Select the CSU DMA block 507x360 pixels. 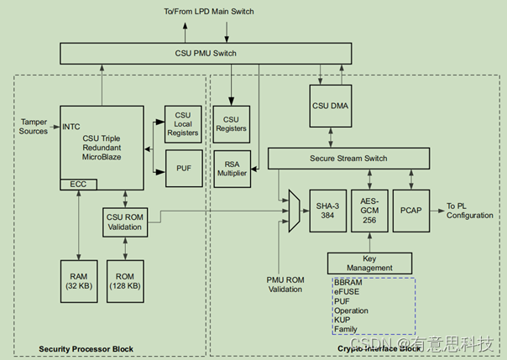(x=332, y=107)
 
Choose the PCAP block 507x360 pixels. (x=410, y=208)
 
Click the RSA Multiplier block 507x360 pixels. (x=232, y=167)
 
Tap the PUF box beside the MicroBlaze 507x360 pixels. (x=185, y=168)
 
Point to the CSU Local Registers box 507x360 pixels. (x=183, y=125)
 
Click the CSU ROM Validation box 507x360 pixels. (x=125, y=222)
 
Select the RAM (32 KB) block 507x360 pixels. (x=80, y=280)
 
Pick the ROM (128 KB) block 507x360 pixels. (x=126, y=280)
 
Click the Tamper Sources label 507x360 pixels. (x=34, y=126)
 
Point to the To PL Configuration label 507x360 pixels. (x=468, y=210)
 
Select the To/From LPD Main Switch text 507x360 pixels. (x=209, y=11)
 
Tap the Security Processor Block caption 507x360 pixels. (x=88, y=348)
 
